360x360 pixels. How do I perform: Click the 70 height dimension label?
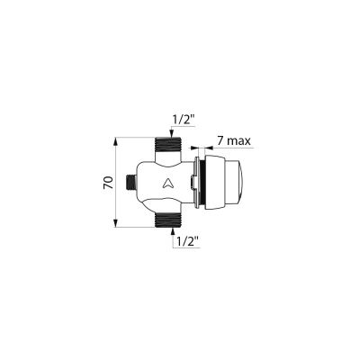(x=108, y=183)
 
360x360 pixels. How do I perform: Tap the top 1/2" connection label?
(x=184, y=120)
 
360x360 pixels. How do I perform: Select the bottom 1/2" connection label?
(x=188, y=241)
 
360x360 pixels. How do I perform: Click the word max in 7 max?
(x=238, y=141)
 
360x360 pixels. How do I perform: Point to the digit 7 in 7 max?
(x=220, y=140)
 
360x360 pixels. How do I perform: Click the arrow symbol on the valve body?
(x=166, y=183)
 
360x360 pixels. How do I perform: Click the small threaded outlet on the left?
(x=130, y=182)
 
